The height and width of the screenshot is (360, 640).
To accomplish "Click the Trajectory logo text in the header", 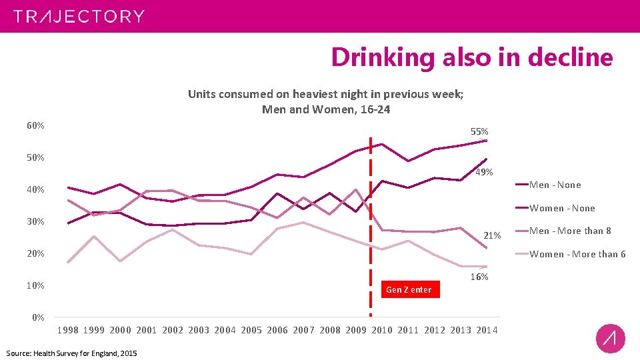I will click(79, 17).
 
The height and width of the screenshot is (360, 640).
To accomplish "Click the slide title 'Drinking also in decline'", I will click(471, 57).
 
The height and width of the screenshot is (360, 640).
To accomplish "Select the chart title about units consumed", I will click(326, 101).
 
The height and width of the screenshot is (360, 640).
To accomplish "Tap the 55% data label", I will click(479, 132).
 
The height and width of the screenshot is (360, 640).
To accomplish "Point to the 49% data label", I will click(484, 173).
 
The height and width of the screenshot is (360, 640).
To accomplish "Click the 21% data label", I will click(492, 235).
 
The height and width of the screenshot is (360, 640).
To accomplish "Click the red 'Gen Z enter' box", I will click(409, 289).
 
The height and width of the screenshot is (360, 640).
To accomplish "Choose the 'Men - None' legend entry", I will click(555, 185).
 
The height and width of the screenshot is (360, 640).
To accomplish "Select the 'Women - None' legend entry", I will click(561, 208).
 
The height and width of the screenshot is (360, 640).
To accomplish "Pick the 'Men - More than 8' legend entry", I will click(570, 231).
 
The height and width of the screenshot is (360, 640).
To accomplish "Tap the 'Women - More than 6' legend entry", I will click(577, 254).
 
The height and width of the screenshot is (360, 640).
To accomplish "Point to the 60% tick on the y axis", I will click(36, 126).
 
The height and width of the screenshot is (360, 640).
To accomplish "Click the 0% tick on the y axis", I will click(39, 317).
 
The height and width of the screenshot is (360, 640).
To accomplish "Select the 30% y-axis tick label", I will click(36, 221).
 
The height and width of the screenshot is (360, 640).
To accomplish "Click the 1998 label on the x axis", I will click(68, 330).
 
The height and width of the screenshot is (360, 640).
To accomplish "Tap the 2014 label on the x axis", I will click(487, 330).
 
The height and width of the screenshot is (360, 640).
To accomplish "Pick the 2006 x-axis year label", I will click(277, 330).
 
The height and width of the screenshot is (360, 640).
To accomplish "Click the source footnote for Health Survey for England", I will click(71, 353).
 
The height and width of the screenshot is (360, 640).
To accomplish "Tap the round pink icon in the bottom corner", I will click(610, 339).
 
